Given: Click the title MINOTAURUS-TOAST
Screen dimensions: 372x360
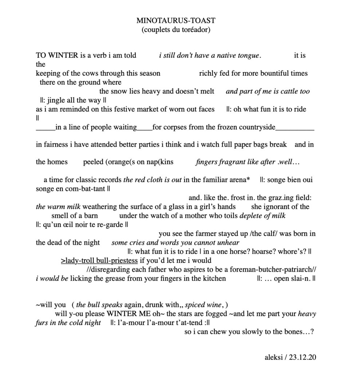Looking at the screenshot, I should [x=176, y=21].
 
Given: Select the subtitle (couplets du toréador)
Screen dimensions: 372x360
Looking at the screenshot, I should [x=176, y=30].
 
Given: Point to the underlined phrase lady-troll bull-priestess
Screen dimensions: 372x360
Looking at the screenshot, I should [x=99, y=261].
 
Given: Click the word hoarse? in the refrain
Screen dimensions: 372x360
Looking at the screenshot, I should [x=256, y=252].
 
